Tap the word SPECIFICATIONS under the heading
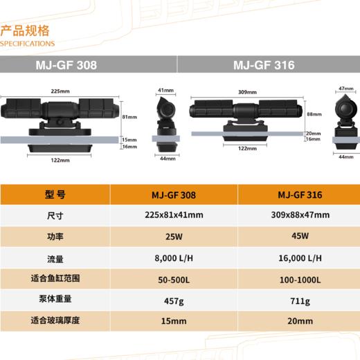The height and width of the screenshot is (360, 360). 27,43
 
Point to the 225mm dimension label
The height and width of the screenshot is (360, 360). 61,91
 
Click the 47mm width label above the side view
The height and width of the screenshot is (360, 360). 341,89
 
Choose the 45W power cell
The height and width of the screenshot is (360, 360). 299,236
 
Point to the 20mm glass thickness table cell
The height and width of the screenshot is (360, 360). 299,321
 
